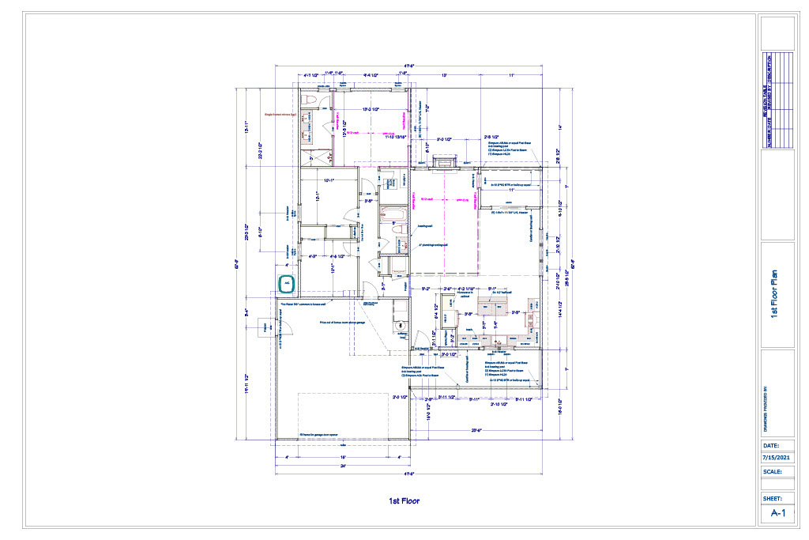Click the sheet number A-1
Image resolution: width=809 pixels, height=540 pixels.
(777, 513)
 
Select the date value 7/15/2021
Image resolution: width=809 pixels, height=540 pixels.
(777, 458)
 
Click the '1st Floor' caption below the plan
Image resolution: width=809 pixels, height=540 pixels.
(404, 500)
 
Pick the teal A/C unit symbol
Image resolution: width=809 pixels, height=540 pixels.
(287, 282)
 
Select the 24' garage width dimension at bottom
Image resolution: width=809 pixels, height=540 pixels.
(342, 466)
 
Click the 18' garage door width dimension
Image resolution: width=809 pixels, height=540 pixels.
(342, 456)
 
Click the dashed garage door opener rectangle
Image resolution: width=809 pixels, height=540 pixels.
(344, 415)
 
